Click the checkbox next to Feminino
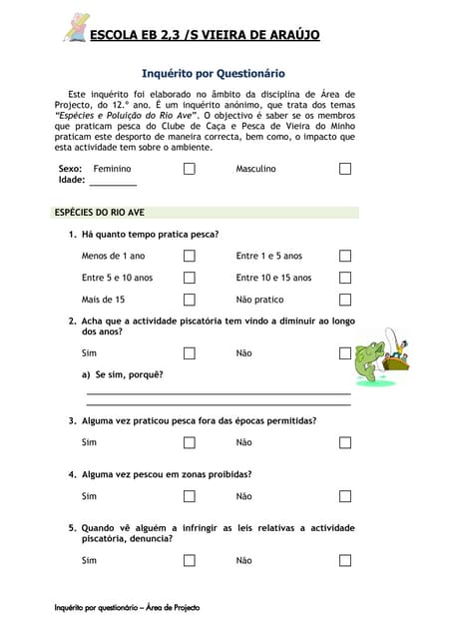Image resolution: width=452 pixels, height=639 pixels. [x=189, y=169]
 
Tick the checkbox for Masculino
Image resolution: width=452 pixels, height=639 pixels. [x=345, y=169]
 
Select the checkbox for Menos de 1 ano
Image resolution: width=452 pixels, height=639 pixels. [x=189, y=256]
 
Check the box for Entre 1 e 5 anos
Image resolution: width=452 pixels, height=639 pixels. [x=345, y=256]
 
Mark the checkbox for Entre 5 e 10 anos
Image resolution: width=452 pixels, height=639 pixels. [x=189, y=278]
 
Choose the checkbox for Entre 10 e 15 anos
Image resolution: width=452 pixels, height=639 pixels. [x=345, y=278]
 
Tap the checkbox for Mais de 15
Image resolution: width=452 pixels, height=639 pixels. [x=189, y=300]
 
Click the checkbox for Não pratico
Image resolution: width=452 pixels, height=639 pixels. [x=345, y=300]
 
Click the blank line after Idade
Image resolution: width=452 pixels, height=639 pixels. [x=113, y=182]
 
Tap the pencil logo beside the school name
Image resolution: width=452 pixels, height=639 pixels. [x=75, y=28]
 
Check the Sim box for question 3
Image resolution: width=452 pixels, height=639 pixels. [x=189, y=442]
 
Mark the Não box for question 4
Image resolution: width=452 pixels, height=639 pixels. [x=345, y=496]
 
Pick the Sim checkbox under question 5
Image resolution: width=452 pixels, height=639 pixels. [x=189, y=561]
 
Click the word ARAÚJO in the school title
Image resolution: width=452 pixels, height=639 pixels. [x=287, y=35]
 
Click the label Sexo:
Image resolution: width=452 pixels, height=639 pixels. [x=70, y=169]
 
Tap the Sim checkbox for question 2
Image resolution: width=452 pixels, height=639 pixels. [x=189, y=353]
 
